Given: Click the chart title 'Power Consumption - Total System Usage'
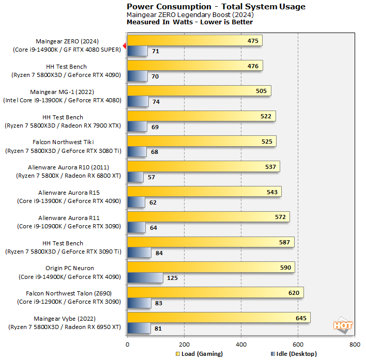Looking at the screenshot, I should click(x=216, y=7).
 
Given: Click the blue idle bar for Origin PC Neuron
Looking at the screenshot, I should click(x=145, y=278).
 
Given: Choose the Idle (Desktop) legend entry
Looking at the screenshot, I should click(x=293, y=354).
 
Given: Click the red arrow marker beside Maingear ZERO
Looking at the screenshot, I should click(x=124, y=45).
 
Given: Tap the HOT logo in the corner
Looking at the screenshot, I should click(x=343, y=325).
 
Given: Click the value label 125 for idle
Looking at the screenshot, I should click(x=172, y=278).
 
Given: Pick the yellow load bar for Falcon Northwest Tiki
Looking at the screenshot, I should click(x=201, y=142).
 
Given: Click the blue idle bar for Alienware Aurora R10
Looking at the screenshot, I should click(x=135, y=177).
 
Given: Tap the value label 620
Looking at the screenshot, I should click(x=294, y=293).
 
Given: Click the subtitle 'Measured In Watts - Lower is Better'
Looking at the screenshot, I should click(x=190, y=22).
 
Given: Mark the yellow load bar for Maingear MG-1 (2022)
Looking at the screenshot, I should click(x=199, y=91).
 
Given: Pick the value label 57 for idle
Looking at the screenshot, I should click(x=152, y=177).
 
